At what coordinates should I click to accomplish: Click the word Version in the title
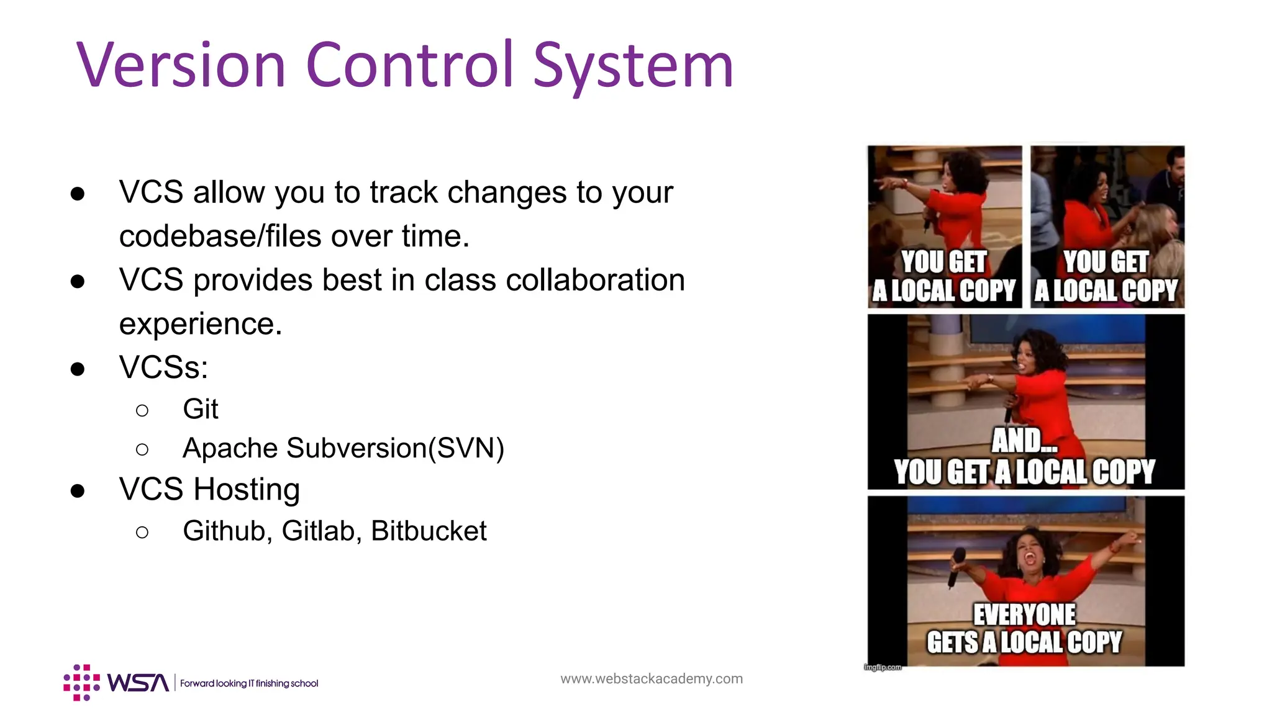(x=181, y=65)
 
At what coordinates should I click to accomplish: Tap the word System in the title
(x=633, y=65)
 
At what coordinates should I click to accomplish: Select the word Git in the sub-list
(x=200, y=410)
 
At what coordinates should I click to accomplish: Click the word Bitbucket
(x=429, y=531)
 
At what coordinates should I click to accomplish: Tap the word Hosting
(x=247, y=489)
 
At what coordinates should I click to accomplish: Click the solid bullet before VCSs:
(x=78, y=369)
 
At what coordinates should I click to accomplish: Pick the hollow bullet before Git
(x=142, y=410)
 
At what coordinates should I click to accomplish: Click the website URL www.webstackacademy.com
(x=651, y=679)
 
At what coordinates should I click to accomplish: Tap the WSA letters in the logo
(x=138, y=683)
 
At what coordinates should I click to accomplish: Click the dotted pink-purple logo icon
(x=81, y=683)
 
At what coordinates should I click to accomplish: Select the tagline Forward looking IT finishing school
(x=249, y=683)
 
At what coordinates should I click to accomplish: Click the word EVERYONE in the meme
(x=1024, y=614)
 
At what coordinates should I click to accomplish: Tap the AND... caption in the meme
(x=1024, y=441)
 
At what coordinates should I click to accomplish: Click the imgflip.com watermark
(x=883, y=667)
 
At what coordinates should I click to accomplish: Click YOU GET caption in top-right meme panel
(x=1106, y=262)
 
